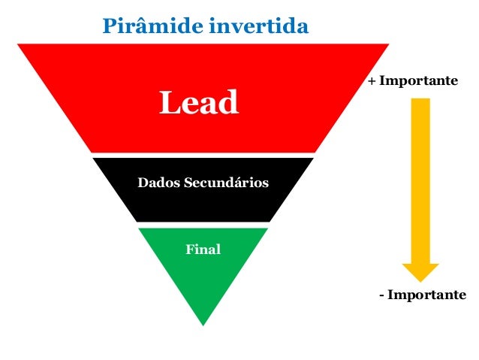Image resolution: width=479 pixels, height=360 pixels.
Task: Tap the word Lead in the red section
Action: (x=198, y=102)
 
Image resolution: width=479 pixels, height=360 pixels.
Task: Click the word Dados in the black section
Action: (x=155, y=183)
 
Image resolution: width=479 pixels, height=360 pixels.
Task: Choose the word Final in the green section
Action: (x=203, y=249)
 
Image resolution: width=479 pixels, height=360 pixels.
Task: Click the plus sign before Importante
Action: (x=372, y=80)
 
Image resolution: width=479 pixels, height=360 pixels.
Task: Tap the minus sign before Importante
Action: (x=381, y=295)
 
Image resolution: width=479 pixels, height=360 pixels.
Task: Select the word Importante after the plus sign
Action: (x=418, y=80)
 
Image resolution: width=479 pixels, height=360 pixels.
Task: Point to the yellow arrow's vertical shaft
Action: (x=420, y=180)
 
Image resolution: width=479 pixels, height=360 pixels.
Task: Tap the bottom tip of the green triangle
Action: (x=203, y=324)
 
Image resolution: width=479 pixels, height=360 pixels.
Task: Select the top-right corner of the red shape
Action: (x=387, y=45)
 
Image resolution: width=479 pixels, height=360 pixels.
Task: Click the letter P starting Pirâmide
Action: (x=109, y=27)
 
